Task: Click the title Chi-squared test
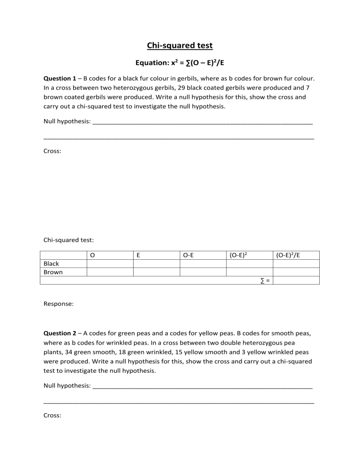point(180,45)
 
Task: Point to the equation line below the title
point(180,63)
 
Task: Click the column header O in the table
point(92,256)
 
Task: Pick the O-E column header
point(189,256)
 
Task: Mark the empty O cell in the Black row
point(110,264)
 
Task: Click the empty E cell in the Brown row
point(157,272)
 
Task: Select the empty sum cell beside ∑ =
point(296,280)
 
